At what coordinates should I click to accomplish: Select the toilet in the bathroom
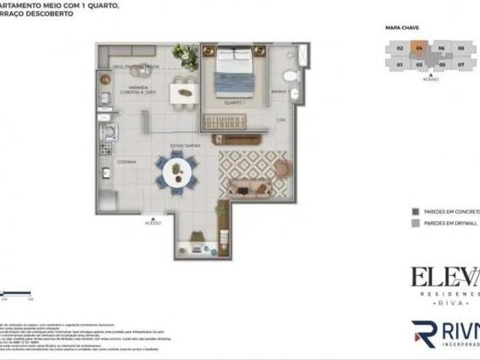(x=289, y=76)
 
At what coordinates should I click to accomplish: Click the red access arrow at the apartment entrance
(x=152, y=215)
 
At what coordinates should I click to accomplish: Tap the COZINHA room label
(x=105, y=161)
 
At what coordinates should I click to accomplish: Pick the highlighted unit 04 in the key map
(x=420, y=48)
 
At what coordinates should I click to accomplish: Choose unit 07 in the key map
(x=461, y=64)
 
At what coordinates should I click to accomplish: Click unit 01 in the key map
(x=400, y=64)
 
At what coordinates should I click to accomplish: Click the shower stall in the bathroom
(x=302, y=55)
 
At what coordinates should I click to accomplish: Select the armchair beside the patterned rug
(x=281, y=169)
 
